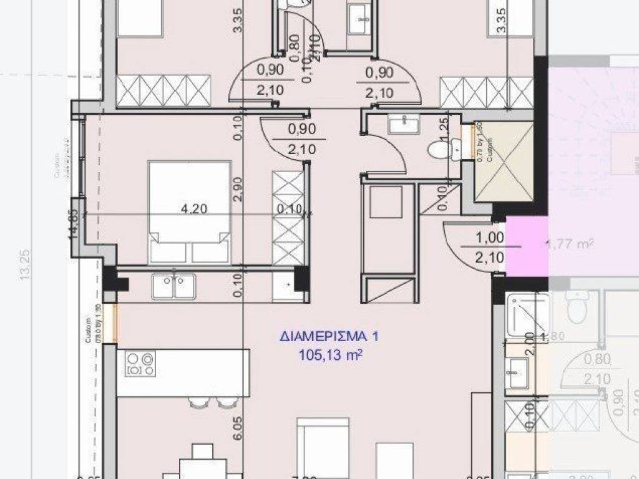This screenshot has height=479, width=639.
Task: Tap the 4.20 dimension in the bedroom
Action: tap(193, 210)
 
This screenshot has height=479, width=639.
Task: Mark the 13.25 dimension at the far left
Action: tap(25, 265)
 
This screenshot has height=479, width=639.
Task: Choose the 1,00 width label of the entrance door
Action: tap(490, 237)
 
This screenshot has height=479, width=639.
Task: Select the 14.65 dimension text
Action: tap(74, 225)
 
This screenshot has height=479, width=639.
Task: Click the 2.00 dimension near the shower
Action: tap(530, 343)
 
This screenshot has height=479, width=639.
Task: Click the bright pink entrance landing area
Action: tap(527, 246)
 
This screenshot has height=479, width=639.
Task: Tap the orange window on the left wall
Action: tap(114, 322)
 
